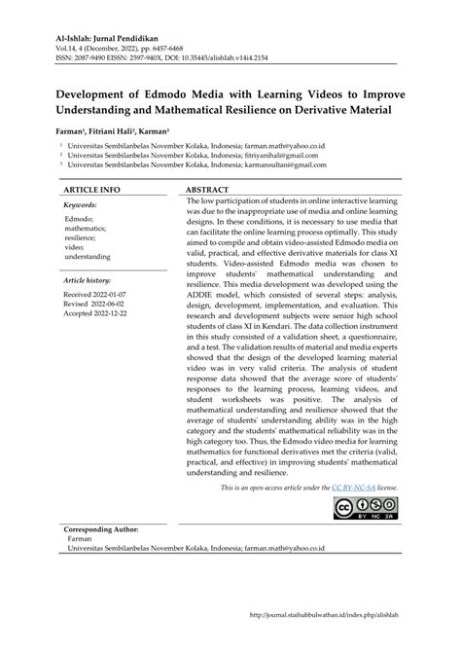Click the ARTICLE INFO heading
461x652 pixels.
pyautogui.click(x=92, y=188)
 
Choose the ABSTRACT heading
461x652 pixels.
pyautogui.click(x=207, y=188)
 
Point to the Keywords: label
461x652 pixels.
pyautogui.click(x=87, y=206)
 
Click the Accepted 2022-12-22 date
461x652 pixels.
pyautogui.click(x=99, y=314)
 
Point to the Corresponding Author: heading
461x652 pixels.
pyautogui.click(x=104, y=529)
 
